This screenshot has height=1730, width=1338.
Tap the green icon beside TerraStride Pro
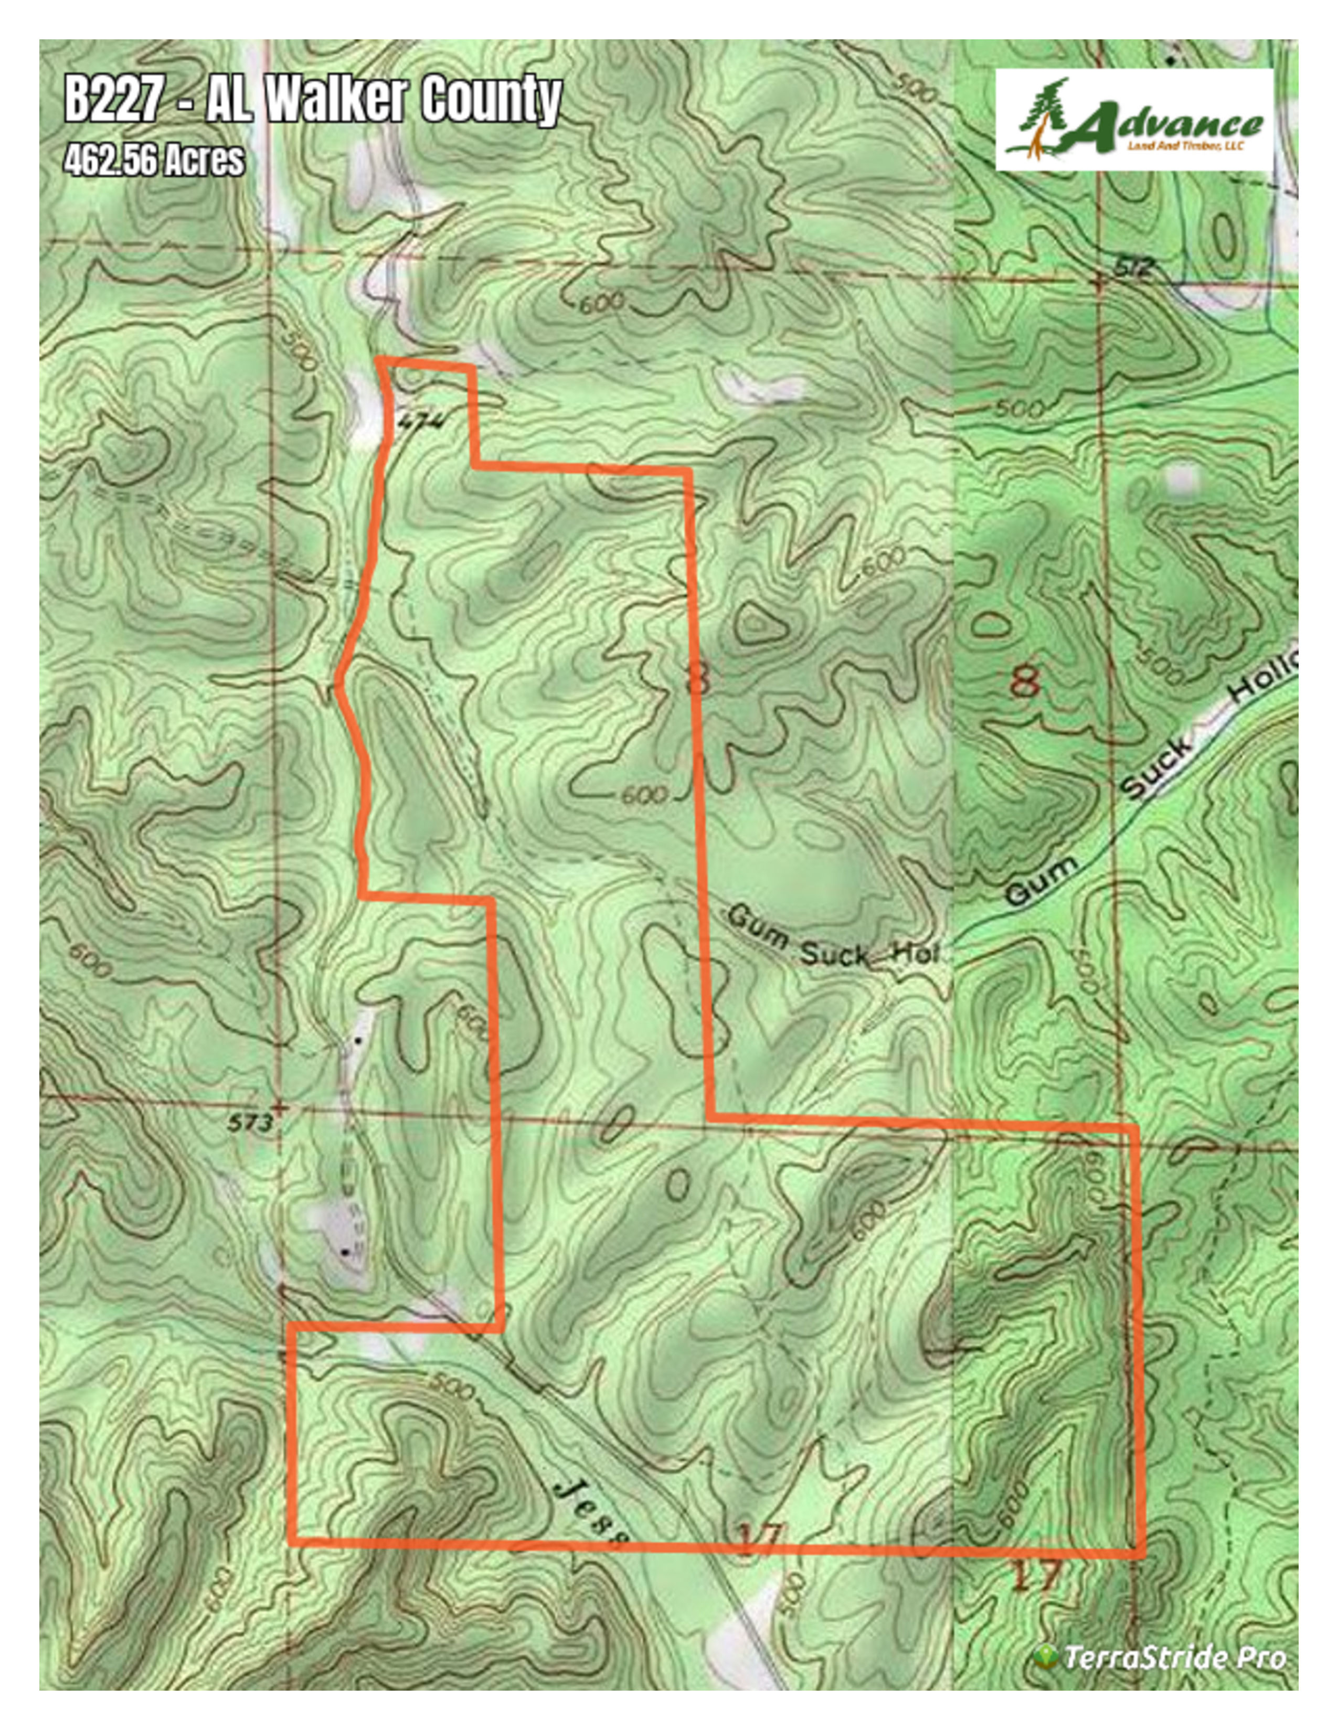(1046, 1657)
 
